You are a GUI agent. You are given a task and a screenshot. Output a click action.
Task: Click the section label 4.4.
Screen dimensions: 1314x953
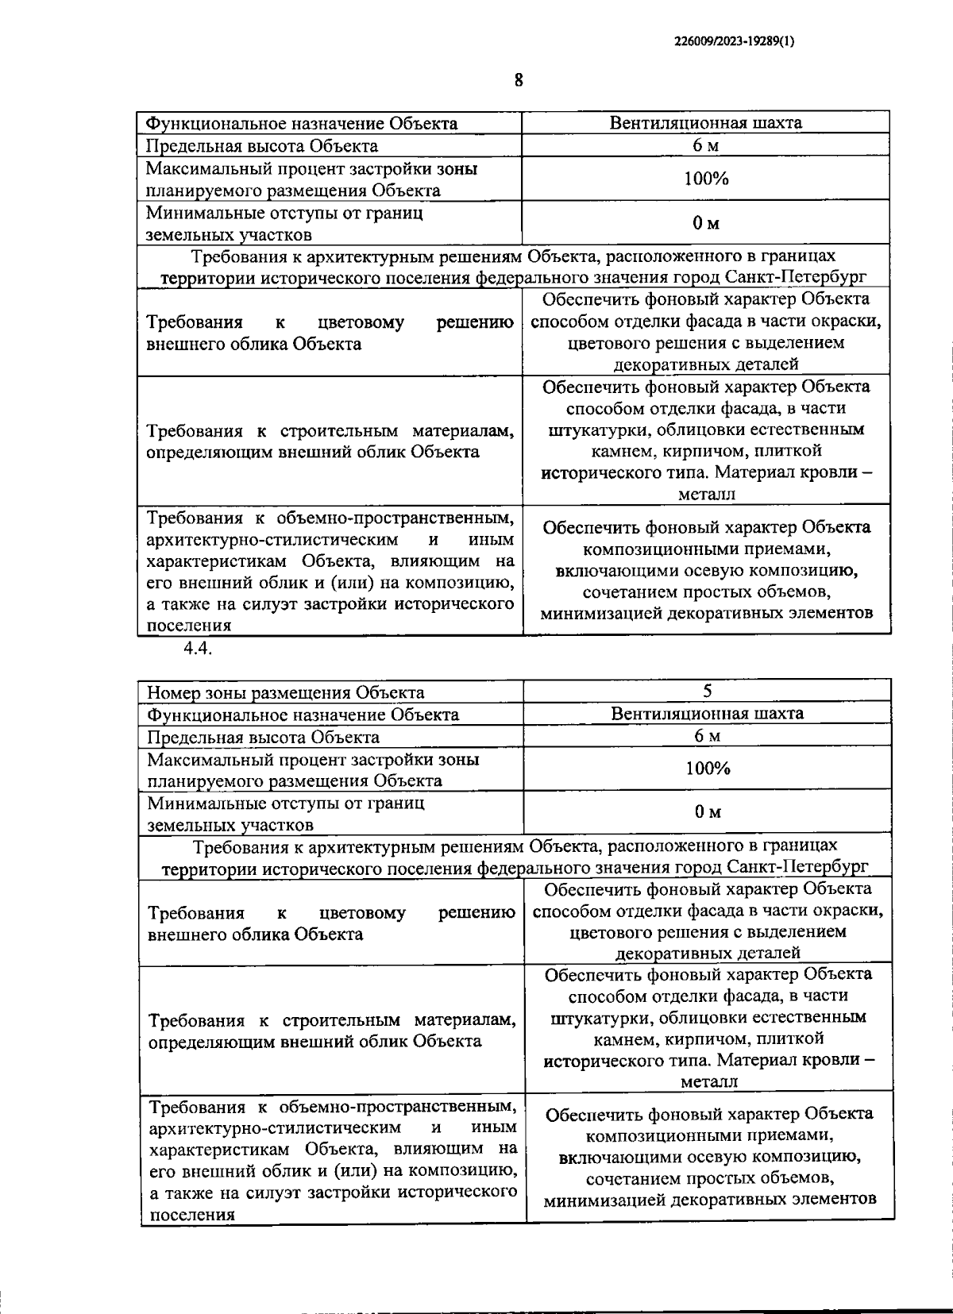196,648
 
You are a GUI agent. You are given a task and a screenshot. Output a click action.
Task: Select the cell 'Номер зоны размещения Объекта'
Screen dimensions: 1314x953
286,692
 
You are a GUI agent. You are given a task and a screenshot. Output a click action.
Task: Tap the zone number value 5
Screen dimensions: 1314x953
707,691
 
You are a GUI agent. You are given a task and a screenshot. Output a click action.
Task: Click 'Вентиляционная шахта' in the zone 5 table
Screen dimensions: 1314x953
707,713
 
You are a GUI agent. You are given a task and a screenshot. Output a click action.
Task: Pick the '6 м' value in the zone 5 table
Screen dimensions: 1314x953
707,735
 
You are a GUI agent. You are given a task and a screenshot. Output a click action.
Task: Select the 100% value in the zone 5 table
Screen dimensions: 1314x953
707,768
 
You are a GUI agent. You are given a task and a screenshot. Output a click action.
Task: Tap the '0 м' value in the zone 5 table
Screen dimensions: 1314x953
707,811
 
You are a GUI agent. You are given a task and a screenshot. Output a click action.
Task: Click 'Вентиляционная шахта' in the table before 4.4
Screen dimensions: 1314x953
705,123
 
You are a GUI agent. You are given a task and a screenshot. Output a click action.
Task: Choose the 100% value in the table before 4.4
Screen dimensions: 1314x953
706,179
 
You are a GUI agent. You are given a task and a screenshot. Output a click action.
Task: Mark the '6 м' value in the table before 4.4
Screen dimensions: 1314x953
706,145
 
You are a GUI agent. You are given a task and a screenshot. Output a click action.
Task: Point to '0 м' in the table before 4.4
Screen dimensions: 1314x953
706,223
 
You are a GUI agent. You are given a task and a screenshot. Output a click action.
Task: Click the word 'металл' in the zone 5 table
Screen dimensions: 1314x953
709,1081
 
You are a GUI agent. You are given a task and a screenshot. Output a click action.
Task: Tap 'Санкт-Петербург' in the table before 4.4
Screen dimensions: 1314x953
797,277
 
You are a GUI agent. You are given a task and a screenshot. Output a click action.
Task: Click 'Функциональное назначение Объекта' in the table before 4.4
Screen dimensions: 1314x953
303,124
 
